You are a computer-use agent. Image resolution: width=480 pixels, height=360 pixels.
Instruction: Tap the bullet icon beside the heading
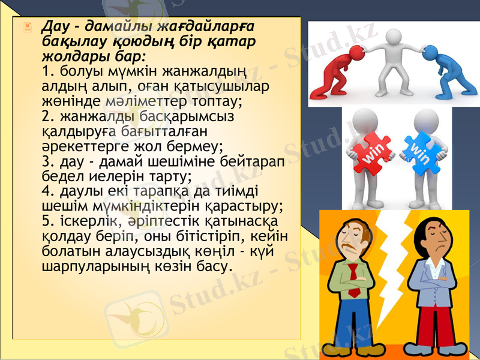pos(26,28)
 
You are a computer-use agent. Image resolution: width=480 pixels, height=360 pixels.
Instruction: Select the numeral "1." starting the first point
pos(49,71)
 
